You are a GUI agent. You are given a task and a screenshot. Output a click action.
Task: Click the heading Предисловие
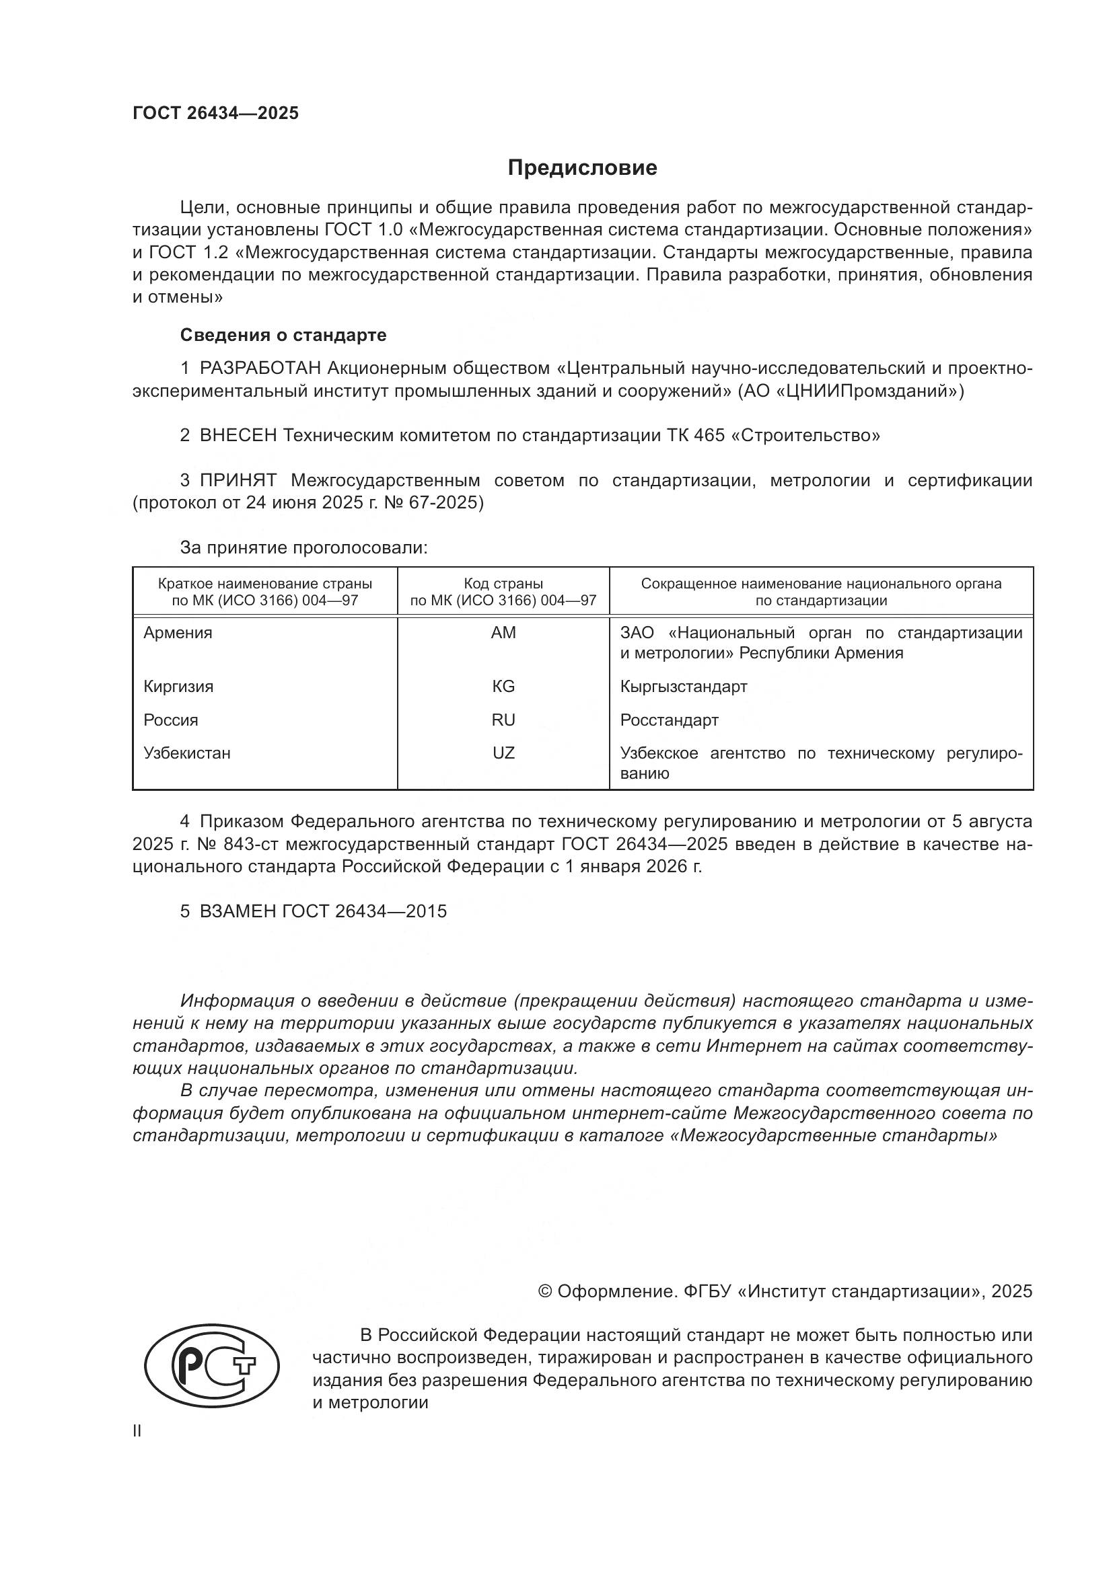(582, 168)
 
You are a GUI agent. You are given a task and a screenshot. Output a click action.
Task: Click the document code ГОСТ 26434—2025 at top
(215, 113)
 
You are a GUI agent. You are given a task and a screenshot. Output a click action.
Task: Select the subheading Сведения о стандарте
(283, 335)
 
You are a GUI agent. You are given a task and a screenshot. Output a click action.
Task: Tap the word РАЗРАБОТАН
(260, 369)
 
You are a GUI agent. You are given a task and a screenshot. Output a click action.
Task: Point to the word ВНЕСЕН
(238, 435)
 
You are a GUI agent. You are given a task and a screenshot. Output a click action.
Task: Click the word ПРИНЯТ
(238, 480)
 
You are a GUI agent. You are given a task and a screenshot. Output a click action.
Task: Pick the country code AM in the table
(503, 633)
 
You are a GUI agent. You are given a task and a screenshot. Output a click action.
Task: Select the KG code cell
(503, 687)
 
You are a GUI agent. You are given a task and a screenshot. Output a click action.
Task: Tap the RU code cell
(503, 720)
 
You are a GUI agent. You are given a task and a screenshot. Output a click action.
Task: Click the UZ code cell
(503, 753)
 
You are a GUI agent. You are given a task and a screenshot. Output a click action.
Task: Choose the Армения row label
(178, 633)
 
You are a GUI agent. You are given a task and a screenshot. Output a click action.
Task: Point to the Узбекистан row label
(186, 754)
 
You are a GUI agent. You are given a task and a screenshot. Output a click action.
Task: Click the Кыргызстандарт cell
(683, 687)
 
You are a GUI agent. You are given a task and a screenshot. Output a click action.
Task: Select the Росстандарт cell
(669, 720)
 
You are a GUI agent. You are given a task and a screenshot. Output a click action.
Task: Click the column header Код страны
(503, 584)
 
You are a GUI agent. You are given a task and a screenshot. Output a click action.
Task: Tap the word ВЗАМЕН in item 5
(238, 911)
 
